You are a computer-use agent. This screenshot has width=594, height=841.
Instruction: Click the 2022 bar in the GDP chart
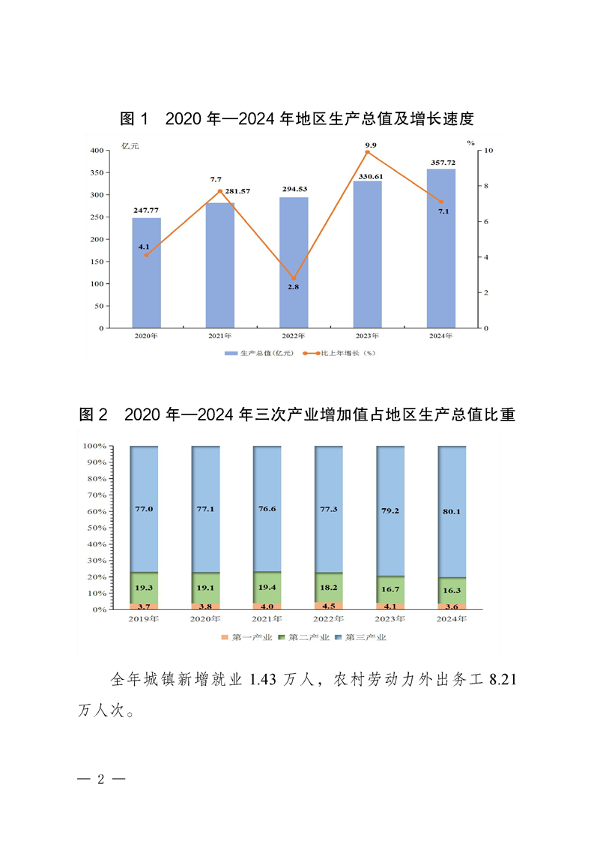click(293, 262)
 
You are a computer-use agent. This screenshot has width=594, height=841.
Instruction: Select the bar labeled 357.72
click(440, 248)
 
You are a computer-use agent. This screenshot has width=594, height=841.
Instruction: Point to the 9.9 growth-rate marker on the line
click(367, 152)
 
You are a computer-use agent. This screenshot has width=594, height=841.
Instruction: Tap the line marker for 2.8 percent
click(294, 278)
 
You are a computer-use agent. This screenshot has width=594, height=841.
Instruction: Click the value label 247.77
click(146, 211)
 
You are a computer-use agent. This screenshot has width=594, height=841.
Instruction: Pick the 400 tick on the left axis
click(96, 151)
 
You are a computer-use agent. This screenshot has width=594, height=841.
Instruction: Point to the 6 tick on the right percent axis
click(488, 222)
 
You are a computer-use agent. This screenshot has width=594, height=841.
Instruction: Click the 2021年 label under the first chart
click(219, 337)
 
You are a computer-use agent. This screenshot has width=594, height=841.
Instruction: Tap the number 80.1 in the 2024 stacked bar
click(451, 513)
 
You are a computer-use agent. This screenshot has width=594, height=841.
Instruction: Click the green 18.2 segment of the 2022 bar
click(328, 588)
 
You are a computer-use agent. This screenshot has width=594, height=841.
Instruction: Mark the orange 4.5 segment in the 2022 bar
click(328, 606)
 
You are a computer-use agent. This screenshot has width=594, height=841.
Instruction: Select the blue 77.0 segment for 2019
click(144, 509)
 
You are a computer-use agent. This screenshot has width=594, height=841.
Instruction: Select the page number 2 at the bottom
click(101, 779)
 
